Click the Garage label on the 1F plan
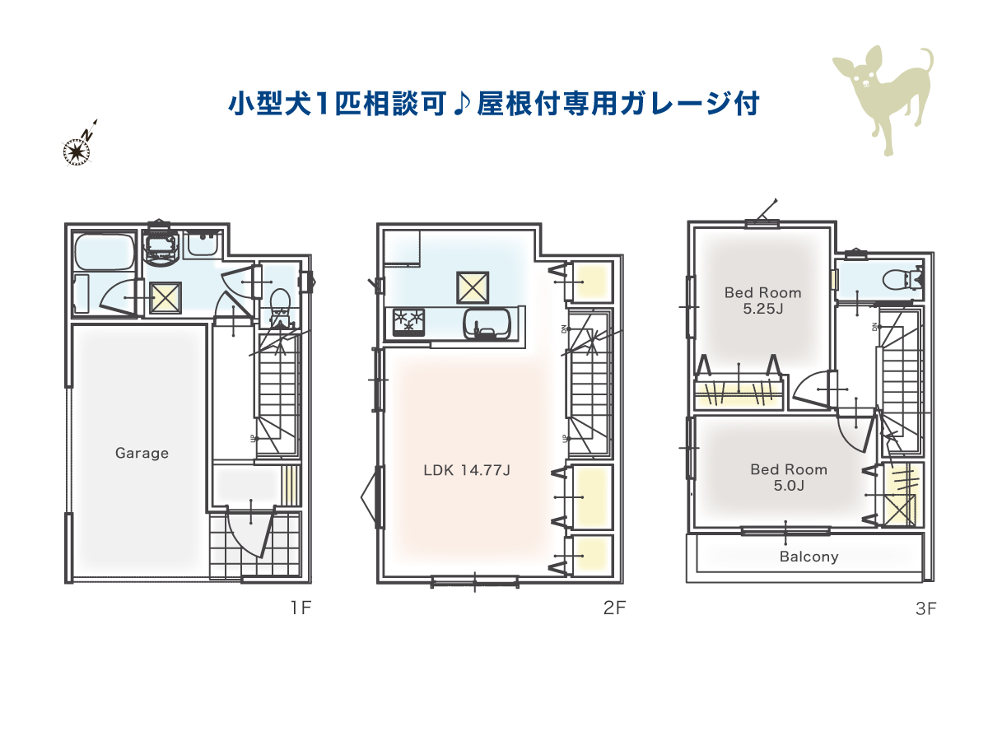(142, 453)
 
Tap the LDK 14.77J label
(467, 470)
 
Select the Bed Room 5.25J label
(763, 301)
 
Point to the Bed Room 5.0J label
(789, 478)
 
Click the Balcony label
(809, 557)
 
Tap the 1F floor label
(301, 608)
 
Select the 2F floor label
(614, 608)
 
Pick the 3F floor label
(926, 608)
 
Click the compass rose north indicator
(80, 144)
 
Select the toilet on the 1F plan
(281, 307)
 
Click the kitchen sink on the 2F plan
(487, 324)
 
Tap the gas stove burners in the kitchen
(408, 322)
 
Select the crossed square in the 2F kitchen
(473, 287)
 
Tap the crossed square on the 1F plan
(165, 297)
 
